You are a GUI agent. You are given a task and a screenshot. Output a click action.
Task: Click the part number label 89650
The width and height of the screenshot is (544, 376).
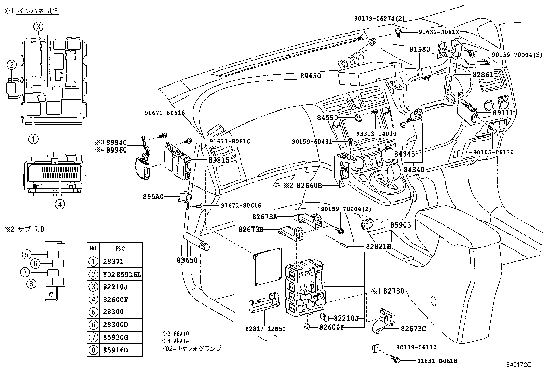tap(311, 76)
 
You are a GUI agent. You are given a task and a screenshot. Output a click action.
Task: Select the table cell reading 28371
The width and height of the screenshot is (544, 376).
tap(113, 261)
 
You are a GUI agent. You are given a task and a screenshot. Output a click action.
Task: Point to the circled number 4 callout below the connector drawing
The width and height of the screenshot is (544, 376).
tap(59, 204)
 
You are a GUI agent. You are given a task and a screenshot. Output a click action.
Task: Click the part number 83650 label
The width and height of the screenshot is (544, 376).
tap(187, 260)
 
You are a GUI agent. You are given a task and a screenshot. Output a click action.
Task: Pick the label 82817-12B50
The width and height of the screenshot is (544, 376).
tap(265, 329)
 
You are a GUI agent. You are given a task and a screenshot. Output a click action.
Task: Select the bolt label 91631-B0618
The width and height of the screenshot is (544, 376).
tap(437, 361)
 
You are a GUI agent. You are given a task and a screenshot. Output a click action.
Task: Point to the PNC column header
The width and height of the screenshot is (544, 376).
tap(120, 249)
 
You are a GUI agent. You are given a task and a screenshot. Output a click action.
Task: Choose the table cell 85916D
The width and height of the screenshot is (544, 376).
tap(115, 350)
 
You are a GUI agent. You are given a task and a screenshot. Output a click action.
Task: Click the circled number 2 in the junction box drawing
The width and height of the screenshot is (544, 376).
tap(12, 65)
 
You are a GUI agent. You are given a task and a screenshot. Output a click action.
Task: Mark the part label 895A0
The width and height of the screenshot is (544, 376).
tap(153, 196)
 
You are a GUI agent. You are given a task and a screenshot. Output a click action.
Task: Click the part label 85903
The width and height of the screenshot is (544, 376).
tap(400, 225)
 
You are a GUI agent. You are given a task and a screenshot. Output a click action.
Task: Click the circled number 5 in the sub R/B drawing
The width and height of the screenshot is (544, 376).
tap(27, 254)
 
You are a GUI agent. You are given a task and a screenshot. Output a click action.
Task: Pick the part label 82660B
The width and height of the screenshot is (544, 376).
tap(309, 185)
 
